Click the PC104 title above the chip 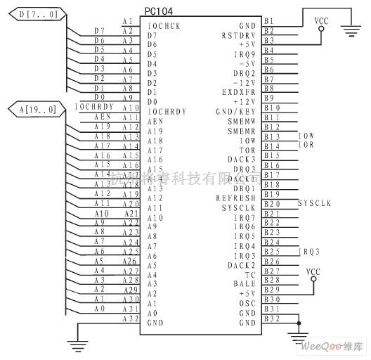point(160,13)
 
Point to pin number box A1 point(127,22)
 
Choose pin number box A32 point(130,319)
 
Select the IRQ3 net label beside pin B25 point(309,251)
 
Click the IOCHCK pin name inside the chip point(163,25)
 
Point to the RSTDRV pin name point(238,35)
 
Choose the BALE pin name point(244,284)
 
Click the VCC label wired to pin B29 point(313,271)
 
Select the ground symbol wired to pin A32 point(75,343)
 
